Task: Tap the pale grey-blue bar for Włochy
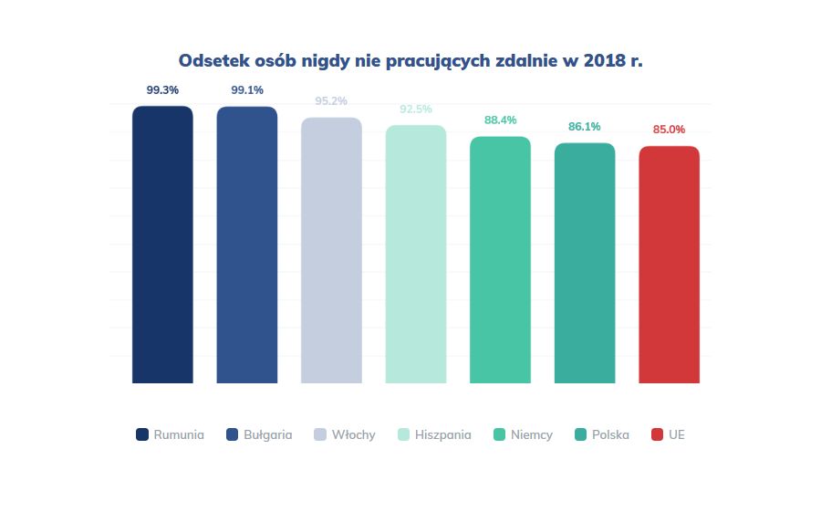[x=331, y=250]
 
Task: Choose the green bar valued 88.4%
[x=500, y=260]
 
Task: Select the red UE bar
[x=669, y=265]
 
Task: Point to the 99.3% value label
[x=162, y=90]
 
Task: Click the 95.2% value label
[x=331, y=101]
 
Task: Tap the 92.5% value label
[x=416, y=109]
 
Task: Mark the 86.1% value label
[x=585, y=127]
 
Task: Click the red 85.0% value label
[x=669, y=130]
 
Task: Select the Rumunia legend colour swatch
[x=142, y=434]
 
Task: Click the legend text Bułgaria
[x=268, y=435]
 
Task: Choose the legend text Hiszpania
[x=442, y=435]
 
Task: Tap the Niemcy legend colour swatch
[x=499, y=434]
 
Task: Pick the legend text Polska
[x=610, y=435]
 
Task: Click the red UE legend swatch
[x=657, y=434]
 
